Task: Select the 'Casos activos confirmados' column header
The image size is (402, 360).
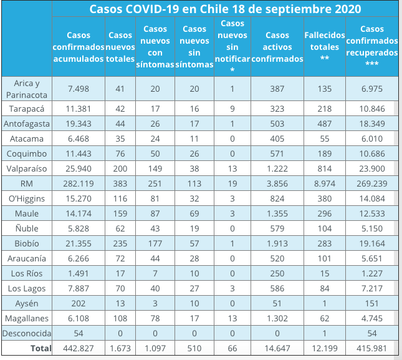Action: click(x=277, y=47)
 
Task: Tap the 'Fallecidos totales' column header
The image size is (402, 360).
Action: click(x=324, y=47)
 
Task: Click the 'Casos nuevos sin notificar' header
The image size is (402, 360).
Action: click(x=232, y=47)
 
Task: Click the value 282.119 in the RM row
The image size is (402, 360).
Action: click(x=79, y=184)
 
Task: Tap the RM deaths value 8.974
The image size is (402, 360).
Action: click(x=324, y=184)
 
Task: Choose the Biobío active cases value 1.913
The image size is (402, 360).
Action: click(x=277, y=243)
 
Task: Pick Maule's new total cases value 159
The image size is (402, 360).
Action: click(x=120, y=213)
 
